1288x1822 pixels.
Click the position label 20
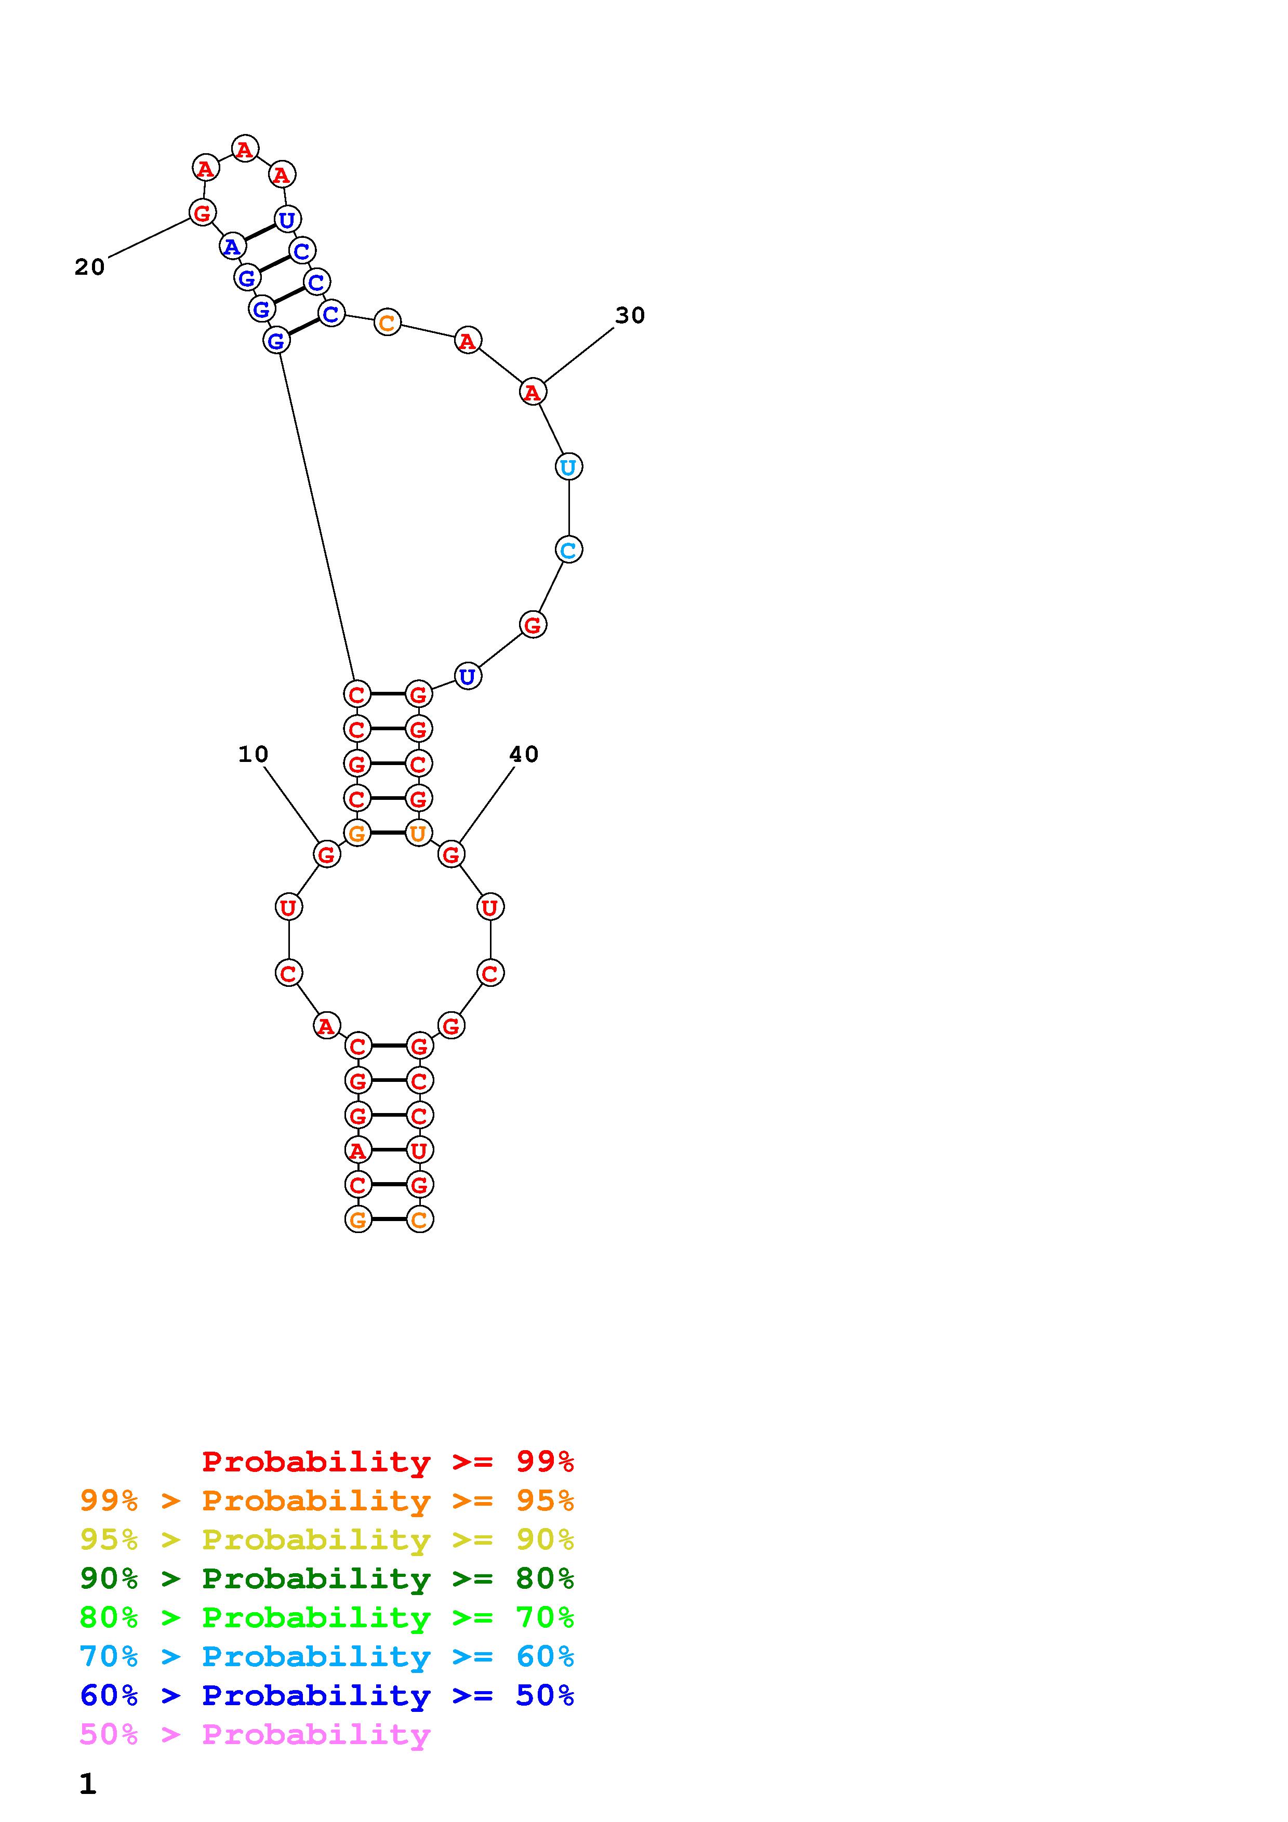click(90, 267)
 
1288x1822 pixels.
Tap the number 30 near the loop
click(630, 315)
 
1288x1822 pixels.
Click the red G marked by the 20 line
click(203, 212)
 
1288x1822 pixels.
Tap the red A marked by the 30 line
click(533, 392)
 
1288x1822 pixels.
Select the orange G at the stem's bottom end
click(358, 1220)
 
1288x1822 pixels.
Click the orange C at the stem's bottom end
click(419, 1220)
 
